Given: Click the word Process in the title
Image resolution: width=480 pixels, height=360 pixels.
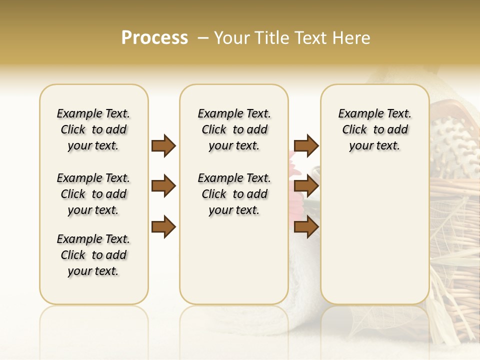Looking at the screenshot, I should (x=154, y=38).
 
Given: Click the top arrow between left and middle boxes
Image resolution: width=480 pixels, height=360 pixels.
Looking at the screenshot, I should (x=163, y=145).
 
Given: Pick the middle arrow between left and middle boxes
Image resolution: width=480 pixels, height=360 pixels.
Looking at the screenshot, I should (x=163, y=186).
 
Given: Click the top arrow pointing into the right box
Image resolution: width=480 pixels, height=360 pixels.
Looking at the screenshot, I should (x=306, y=145).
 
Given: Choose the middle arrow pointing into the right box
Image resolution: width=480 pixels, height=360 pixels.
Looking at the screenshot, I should (x=306, y=186).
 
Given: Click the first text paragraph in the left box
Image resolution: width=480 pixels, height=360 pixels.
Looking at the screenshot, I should (x=93, y=129).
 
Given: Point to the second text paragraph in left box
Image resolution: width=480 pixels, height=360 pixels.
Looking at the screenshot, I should (x=93, y=194).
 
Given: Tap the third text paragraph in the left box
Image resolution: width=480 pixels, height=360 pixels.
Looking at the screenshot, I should (x=93, y=255).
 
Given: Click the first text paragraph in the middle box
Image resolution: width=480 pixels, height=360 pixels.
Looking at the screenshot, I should (x=234, y=129).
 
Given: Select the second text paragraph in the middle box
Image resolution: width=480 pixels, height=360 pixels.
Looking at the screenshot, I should (x=234, y=194).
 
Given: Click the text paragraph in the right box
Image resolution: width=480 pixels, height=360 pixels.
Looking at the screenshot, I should (x=374, y=129).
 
